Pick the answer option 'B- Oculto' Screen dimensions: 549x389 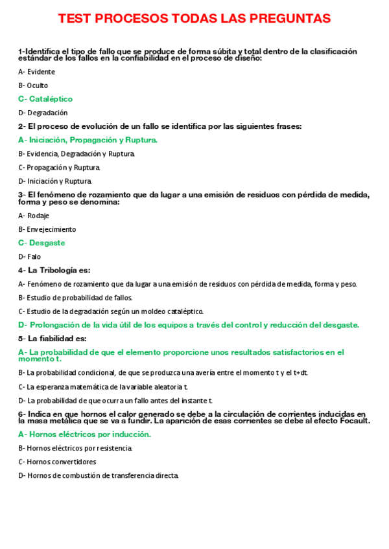click(x=33, y=85)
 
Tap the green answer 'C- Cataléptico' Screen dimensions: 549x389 click(x=45, y=99)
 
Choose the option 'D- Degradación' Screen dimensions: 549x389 click(x=43, y=113)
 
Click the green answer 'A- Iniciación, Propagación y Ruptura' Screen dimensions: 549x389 click(x=88, y=140)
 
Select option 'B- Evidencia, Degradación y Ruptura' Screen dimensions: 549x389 click(x=77, y=154)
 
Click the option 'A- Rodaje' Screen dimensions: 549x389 click(x=34, y=216)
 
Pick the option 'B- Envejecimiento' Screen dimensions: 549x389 click(x=47, y=229)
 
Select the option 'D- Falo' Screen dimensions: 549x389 click(x=29, y=256)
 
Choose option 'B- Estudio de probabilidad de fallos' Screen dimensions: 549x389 click(x=75, y=298)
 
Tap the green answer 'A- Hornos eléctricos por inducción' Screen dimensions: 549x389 click(x=84, y=434)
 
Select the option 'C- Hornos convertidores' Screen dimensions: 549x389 click(x=57, y=462)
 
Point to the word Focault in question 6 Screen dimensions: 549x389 click(x=352, y=421)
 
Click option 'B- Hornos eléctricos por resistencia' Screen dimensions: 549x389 click(x=75, y=448)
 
